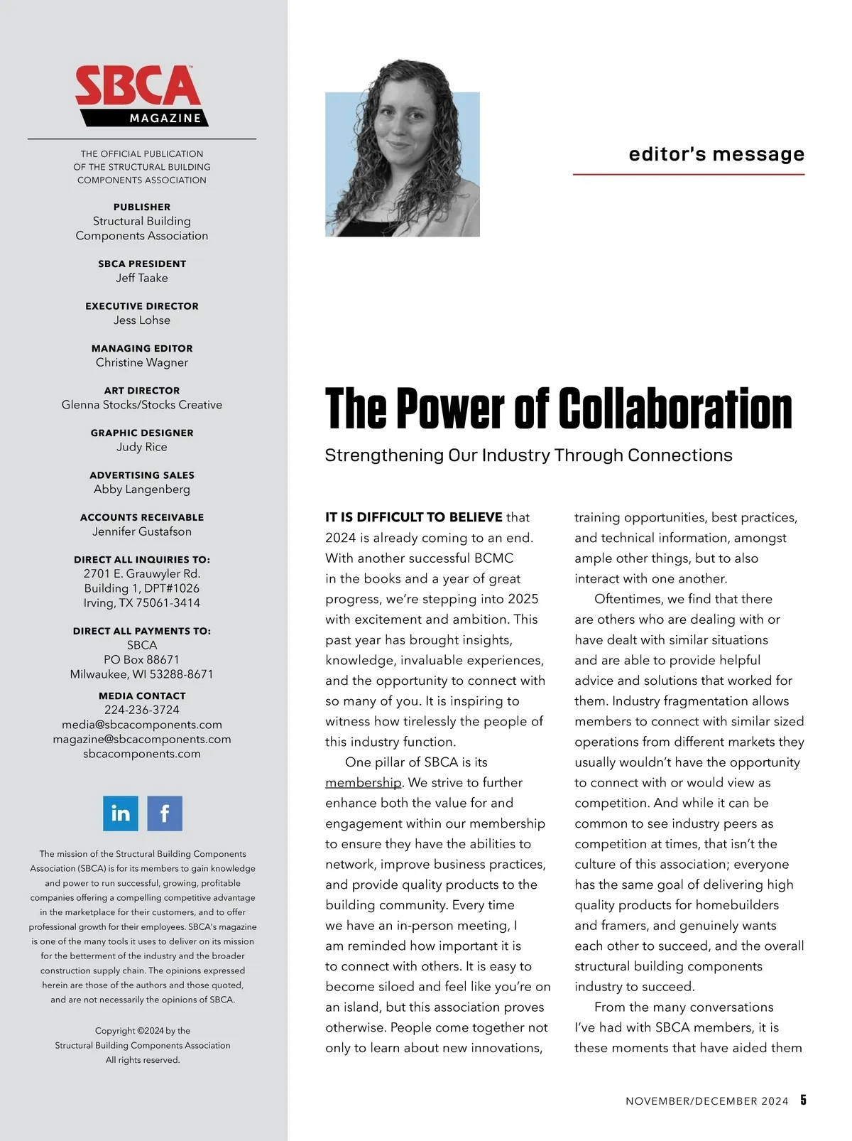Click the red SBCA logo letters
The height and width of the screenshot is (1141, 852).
pos(138,87)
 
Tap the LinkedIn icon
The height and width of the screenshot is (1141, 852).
pos(121,813)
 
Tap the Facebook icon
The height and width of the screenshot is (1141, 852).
pos(165,813)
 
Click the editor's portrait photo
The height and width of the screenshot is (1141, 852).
pos(403,164)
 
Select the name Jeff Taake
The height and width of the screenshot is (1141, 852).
pos(142,278)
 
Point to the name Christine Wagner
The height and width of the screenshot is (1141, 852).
pos(142,362)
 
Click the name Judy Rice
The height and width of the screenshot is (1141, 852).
pos(142,447)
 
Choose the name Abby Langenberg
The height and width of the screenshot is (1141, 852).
pos(142,489)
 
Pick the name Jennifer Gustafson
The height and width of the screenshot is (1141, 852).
pos(142,531)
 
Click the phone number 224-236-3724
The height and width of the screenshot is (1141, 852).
pos(142,710)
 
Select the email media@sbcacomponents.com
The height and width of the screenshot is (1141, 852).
pos(142,725)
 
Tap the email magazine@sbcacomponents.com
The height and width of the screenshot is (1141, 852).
pos(142,739)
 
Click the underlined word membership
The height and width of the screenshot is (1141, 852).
pos(364,783)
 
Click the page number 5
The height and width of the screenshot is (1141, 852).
pos(803,1100)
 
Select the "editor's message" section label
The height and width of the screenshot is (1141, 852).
pos(716,154)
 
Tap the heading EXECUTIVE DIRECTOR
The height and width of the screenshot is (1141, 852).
pos(142,306)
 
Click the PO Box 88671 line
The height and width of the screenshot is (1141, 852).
pos(142,659)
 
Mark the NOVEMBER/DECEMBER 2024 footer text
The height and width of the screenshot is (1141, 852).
pos(707,1101)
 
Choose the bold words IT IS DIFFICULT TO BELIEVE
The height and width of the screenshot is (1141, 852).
pos(414,517)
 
